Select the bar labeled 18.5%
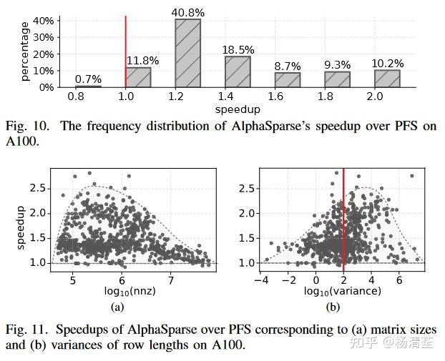coord(238,71)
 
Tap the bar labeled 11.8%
coord(138,77)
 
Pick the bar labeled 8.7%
coord(288,79)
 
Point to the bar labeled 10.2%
coord(387,79)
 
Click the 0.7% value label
coord(89,79)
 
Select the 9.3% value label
coord(338,64)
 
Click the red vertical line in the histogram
coord(126,50)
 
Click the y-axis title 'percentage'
coord(25,51)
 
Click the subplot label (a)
coord(119,307)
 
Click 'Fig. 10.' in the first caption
coord(27,126)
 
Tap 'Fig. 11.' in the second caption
coord(27,330)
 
